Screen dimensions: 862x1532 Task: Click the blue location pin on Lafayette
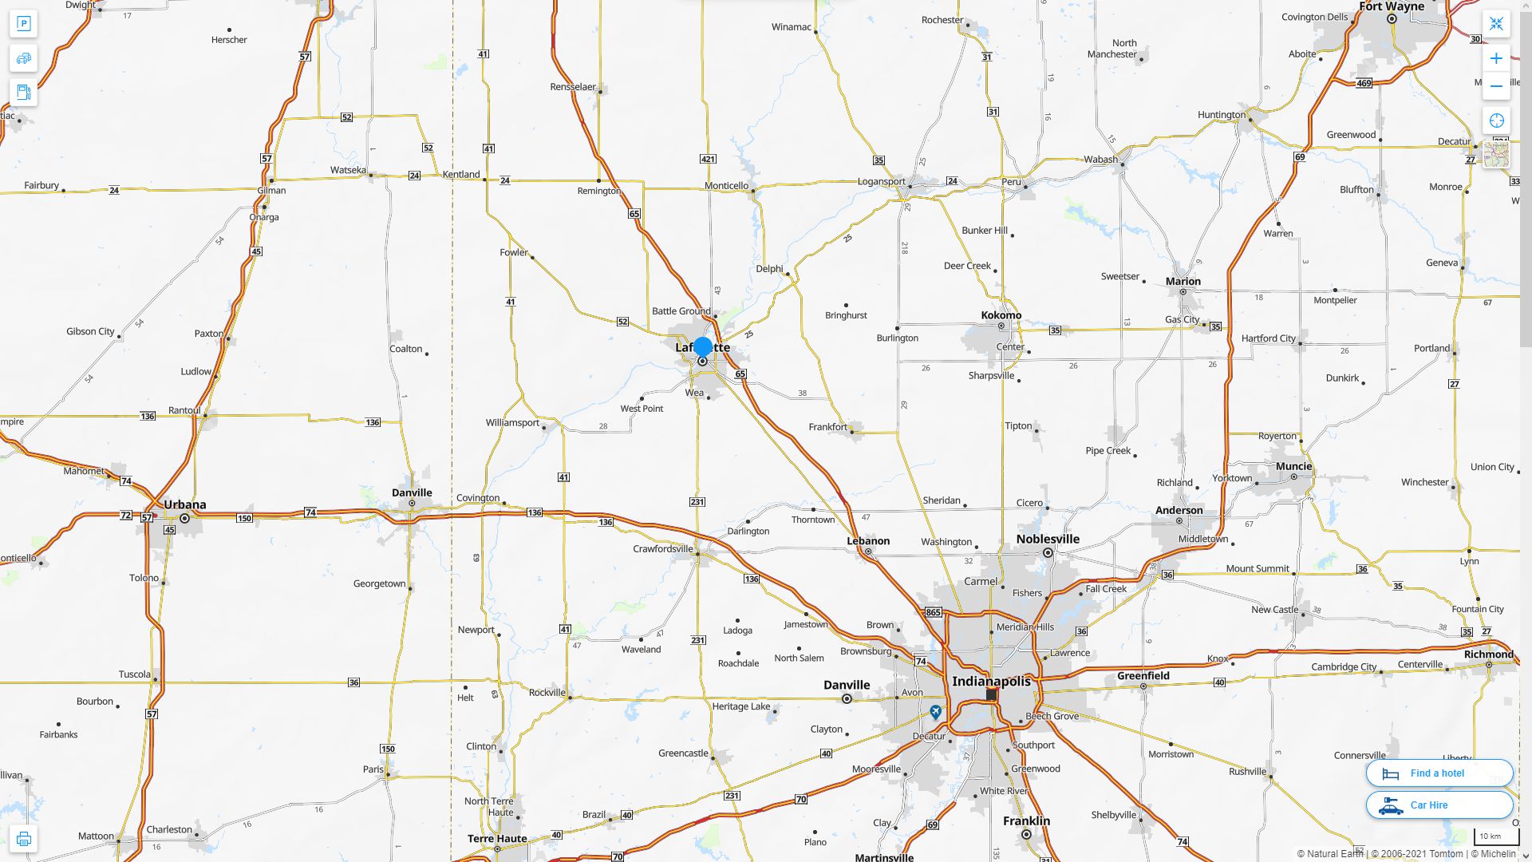click(702, 347)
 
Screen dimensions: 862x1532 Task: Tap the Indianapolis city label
click(991, 682)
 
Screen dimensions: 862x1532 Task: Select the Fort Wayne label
click(1392, 6)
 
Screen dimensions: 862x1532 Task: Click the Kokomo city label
click(1001, 315)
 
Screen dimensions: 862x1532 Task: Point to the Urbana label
click(184, 504)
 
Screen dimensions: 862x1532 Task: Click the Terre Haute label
click(496, 838)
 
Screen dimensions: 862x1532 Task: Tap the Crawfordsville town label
click(662, 549)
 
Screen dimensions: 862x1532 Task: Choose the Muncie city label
click(1293, 466)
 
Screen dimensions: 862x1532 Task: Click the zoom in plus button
click(1496, 58)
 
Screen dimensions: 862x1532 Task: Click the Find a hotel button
click(1439, 773)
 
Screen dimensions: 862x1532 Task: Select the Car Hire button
click(1439, 805)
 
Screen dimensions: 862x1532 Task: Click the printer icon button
click(23, 839)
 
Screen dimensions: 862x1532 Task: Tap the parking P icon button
click(23, 24)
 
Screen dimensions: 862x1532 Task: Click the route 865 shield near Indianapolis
click(933, 612)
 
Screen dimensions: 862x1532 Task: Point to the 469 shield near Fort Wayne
click(1364, 83)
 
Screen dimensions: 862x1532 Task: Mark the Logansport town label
click(881, 182)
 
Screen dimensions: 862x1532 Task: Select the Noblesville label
click(1047, 540)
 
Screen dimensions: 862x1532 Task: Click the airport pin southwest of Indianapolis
click(935, 711)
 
